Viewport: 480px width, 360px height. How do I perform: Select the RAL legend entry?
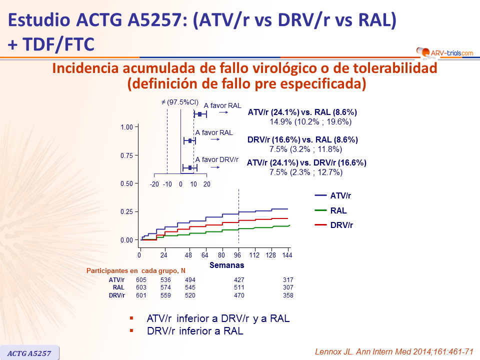(x=338, y=211)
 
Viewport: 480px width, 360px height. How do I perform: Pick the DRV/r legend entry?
(x=341, y=225)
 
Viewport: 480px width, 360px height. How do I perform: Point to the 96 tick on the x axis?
(x=238, y=255)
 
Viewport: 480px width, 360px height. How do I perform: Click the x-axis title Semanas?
(x=227, y=265)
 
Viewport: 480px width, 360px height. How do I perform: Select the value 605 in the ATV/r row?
(x=141, y=279)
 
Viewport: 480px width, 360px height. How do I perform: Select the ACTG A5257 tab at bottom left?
(x=29, y=353)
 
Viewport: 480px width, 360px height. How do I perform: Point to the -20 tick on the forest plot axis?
(x=154, y=183)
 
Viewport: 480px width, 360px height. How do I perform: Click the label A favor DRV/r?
(x=216, y=159)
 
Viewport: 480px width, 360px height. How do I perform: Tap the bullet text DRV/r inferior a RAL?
(x=195, y=331)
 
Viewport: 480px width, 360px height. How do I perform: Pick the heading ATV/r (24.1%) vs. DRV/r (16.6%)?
(x=307, y=162)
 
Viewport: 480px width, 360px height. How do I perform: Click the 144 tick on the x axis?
(x=287, y=255)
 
